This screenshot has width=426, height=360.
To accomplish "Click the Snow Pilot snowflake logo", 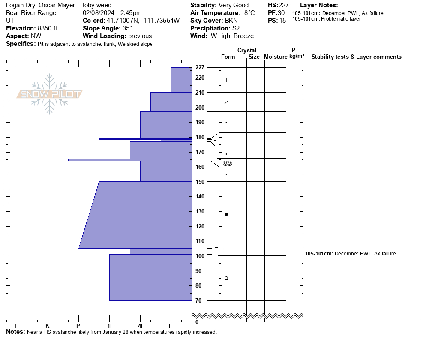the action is coord(49,94).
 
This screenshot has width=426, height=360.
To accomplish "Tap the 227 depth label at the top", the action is coord(200,67).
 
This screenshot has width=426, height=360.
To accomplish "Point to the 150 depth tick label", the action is coord(200,182).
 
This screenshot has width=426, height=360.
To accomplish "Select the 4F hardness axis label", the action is coord(141,326).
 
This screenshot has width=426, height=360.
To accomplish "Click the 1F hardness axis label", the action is coord(110,326).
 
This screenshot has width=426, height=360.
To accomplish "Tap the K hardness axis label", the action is coord(47,326).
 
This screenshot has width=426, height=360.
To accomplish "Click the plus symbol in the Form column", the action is coord(226,80).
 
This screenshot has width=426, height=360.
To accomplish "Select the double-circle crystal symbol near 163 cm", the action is coord(228,163).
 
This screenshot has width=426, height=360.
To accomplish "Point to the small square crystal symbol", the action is coord(226,252).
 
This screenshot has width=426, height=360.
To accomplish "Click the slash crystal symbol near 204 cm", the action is coord(226,102).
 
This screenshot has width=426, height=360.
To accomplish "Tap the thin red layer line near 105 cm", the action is coord(161,249).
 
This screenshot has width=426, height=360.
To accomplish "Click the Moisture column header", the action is coord(276,57).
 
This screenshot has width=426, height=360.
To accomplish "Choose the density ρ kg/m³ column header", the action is coord(297,53).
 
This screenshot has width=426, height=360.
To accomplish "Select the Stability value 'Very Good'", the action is coord(234,5).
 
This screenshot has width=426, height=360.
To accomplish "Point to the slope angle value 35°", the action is coord(127,28).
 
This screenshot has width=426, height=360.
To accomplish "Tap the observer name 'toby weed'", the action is coord(97,5).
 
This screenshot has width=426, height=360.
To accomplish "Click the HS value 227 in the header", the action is coord(284,5).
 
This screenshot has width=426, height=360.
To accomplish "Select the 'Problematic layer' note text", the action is coord(341,19).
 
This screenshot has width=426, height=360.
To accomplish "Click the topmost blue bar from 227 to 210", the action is coord(181,80).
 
